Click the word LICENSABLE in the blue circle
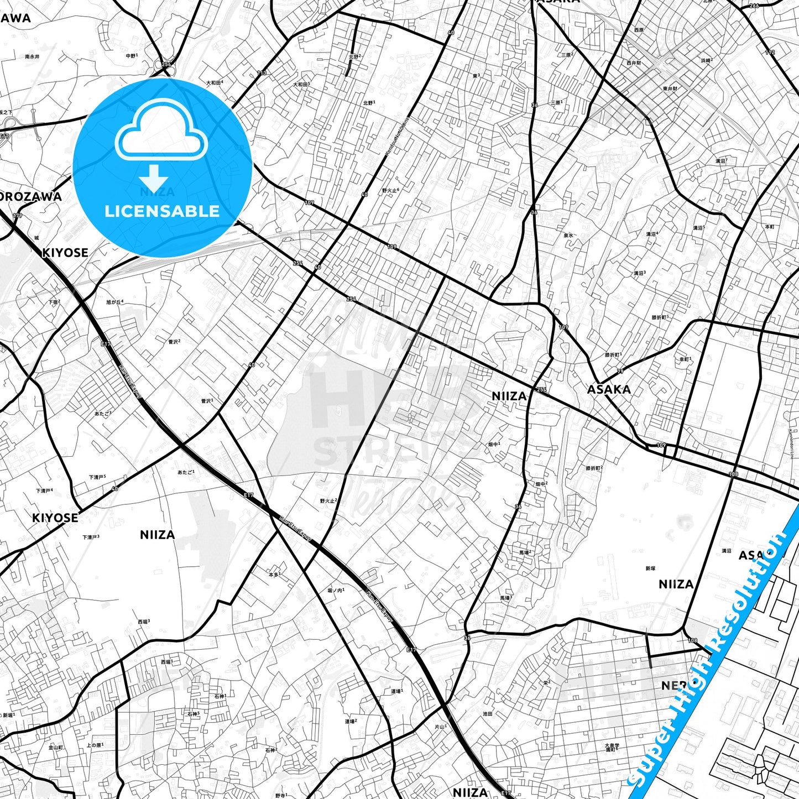162,211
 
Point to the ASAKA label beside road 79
609,389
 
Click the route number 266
754,6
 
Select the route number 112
770,53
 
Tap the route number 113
262,73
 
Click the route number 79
620,371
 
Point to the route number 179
18,216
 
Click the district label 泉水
568,235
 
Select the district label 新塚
650,568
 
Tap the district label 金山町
56,747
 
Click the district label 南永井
32,56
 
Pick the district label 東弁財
670,88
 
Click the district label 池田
487,714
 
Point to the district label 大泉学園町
611,748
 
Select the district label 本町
770,227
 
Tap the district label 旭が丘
114,302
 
